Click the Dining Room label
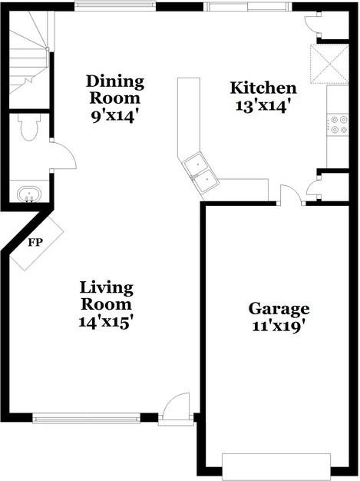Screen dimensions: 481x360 coord(115,90)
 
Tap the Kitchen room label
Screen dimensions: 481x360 coord(263,88)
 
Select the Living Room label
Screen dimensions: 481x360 coord(107,296)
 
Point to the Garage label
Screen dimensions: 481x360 coord(279,309)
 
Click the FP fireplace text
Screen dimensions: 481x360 coord(35,243)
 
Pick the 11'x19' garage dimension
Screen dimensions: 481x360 coord(279,326)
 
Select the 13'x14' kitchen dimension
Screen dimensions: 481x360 coord(262,106)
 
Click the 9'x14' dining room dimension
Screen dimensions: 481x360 coord(115,117)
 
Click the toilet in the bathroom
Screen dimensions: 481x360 coord(28,128)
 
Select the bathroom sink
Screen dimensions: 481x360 coord(28,194)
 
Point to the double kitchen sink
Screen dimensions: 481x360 coord(200,171)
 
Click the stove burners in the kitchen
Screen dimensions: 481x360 coord(338,124)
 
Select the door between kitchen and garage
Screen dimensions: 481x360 coord(290,196)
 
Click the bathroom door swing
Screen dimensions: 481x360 coord(63,156)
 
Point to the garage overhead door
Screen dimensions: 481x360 coord(276,466)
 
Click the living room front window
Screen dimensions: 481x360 coord(86,419)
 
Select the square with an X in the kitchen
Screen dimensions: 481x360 coord(329,62)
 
